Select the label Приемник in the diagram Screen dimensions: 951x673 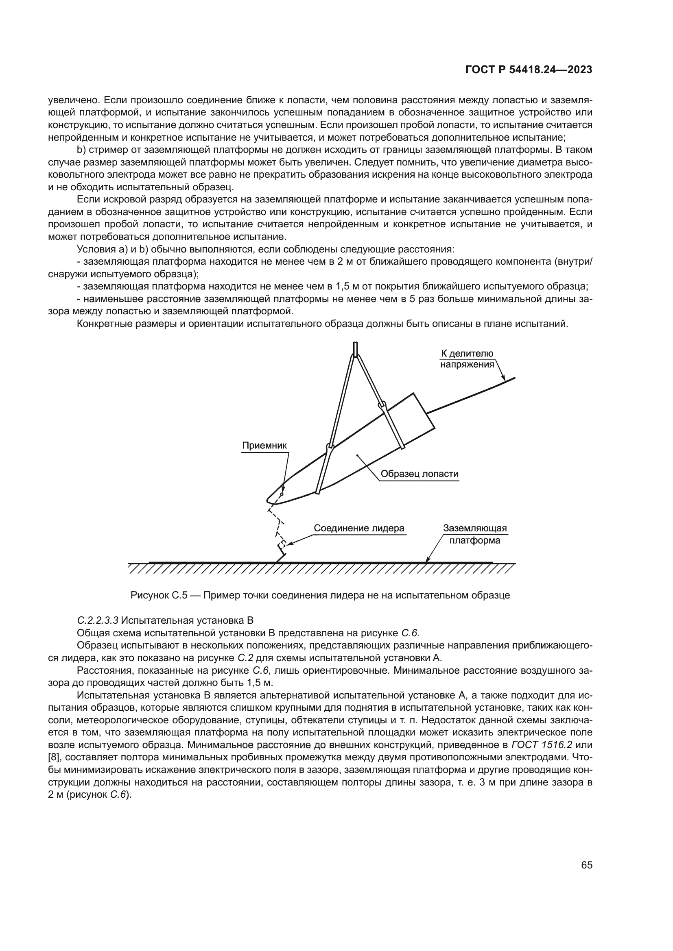pos(264,446)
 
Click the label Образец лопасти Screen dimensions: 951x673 pos(420,474)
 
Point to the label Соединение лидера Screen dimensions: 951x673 pos(359,528)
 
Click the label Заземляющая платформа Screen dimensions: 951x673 pos(475,534)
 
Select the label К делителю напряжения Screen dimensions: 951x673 pos(467,359)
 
